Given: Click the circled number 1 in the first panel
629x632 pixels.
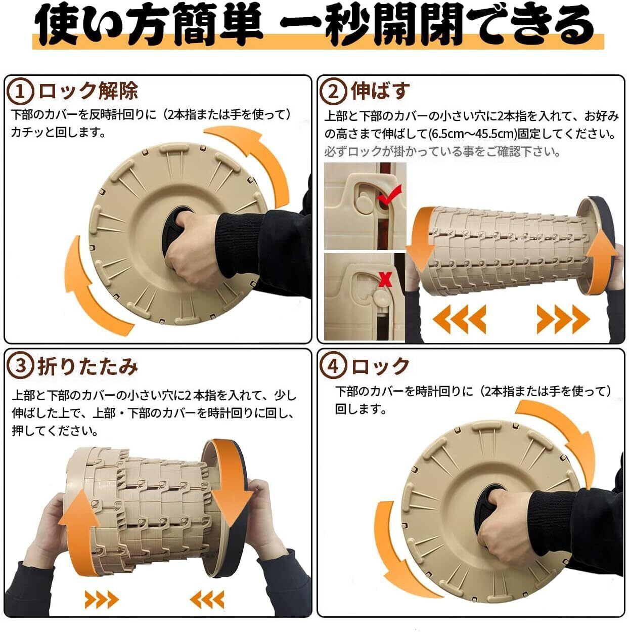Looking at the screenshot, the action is pyautogui.click(x=20, y=92).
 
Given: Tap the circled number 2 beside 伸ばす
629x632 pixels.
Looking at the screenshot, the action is pyautogui.click(x=333, y=92).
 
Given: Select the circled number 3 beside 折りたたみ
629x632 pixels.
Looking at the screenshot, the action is pyautogui.click(x=20, y=366).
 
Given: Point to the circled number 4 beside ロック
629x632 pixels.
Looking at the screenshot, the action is pyautogui.click(x=333, y=366).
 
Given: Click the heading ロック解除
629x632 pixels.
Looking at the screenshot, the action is pyautogui.click(x=88, y=91).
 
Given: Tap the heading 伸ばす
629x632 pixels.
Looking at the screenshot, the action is pyautogui.click(x=381, y=91).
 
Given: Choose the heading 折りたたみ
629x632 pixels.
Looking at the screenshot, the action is pyautogui.click(x=88, y=366).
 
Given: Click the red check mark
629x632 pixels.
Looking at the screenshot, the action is pyautogui.click(x=389, y=195).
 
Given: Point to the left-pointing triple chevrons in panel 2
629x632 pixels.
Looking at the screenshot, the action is pyautogui.click(x=459, y=319).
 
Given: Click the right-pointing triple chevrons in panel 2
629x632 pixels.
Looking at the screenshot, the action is pyautogui.click(x=563, y=319).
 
